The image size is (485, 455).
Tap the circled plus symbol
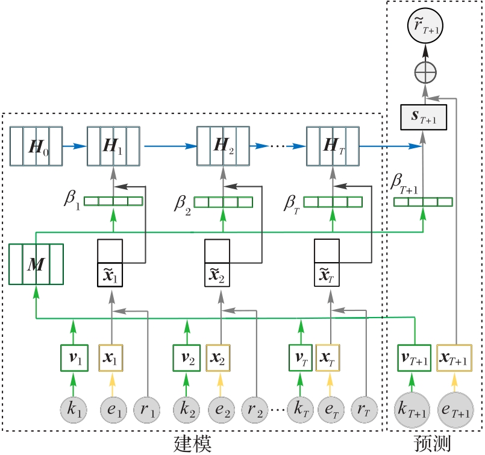pos(426,74)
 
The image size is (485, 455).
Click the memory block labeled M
pos(36,265)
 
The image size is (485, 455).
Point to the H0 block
pos(36,146)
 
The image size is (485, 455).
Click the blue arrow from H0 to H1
pos(75,146)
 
